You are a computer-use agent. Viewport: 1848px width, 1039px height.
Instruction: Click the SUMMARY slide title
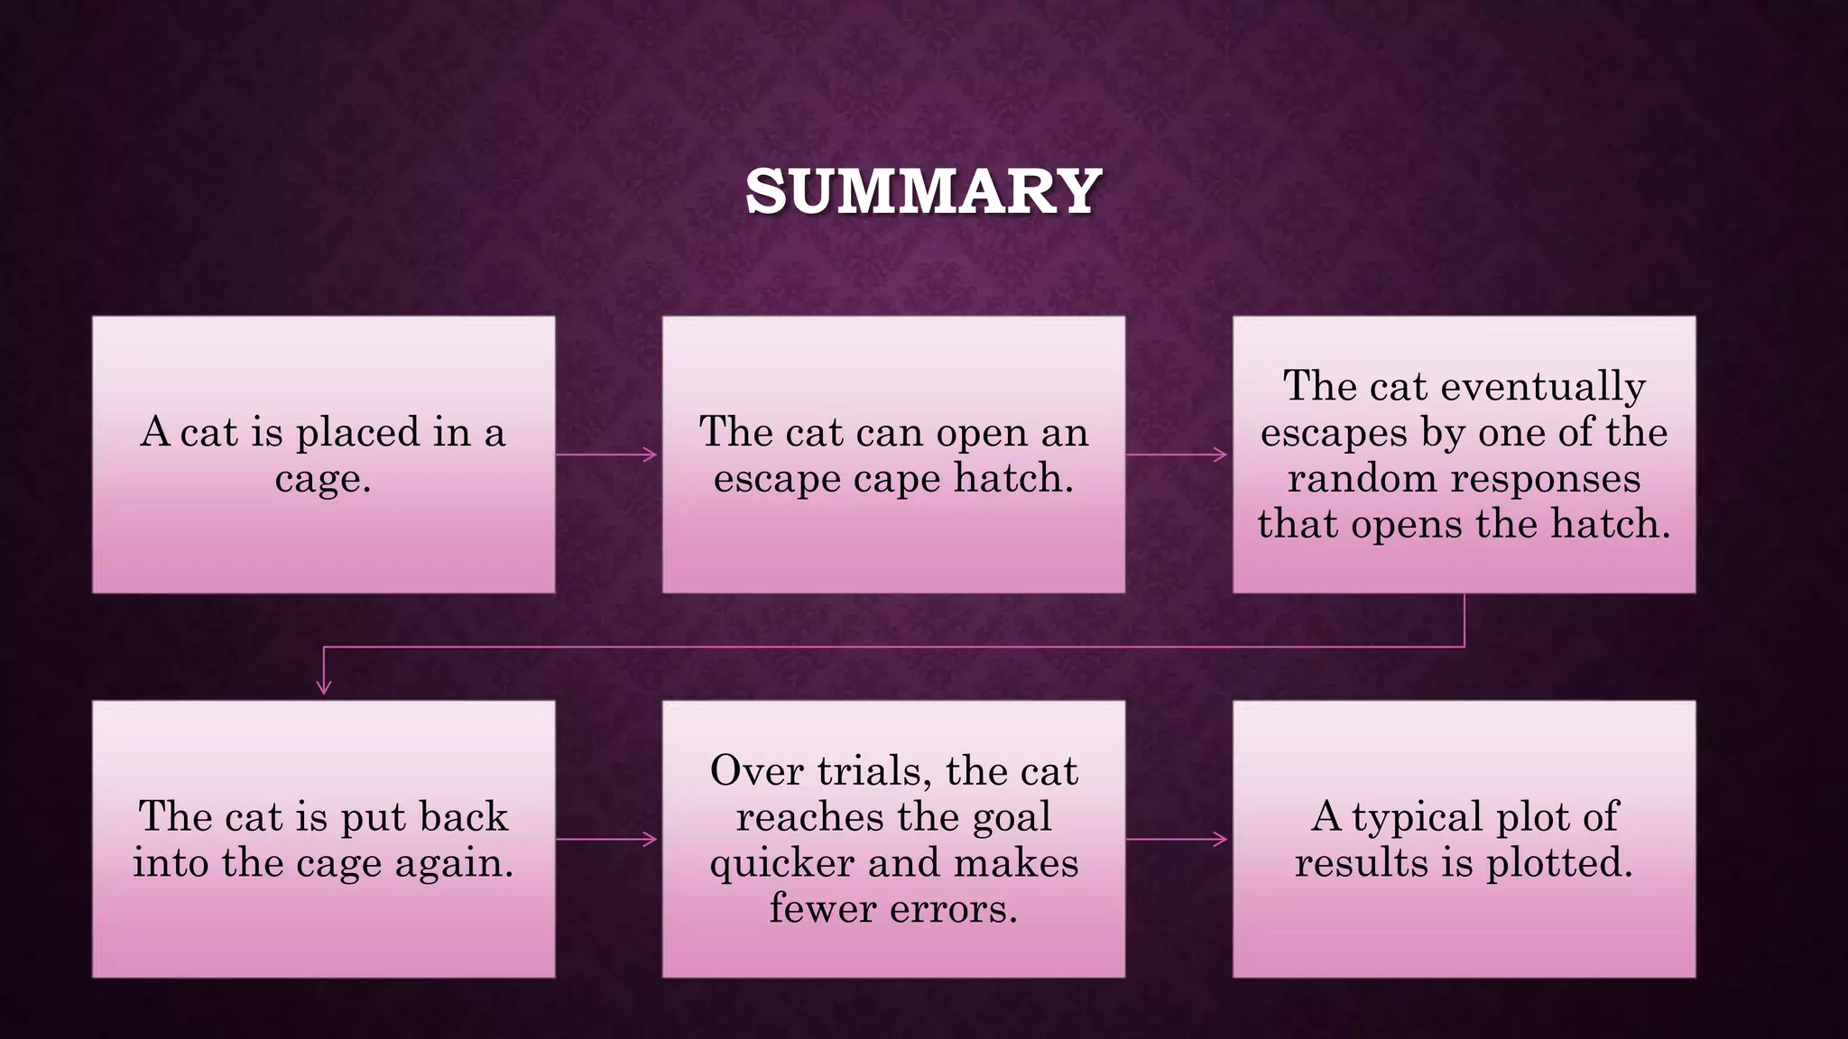pos(923,192)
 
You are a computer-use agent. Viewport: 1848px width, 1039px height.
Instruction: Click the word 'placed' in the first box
pos(357,433)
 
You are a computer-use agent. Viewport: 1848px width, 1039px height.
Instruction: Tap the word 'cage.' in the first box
pos(323,479)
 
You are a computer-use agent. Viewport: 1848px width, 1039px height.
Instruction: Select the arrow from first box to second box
pos(607,455)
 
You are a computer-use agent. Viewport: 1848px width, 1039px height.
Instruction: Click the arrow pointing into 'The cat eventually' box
pos(1178,455)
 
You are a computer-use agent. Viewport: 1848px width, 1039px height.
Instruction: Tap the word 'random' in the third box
pos(1361,479)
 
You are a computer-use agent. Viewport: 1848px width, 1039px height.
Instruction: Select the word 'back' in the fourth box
pos(466,817)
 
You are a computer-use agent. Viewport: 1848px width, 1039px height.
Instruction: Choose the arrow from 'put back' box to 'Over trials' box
pos(607,840)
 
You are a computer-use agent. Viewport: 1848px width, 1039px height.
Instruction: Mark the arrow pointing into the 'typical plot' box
pos(1178,840)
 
